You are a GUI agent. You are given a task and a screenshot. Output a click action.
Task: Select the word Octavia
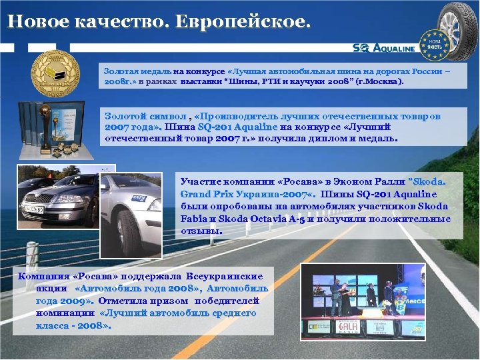pos(275,219)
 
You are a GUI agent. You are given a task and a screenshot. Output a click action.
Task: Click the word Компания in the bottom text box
pos(43,276)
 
